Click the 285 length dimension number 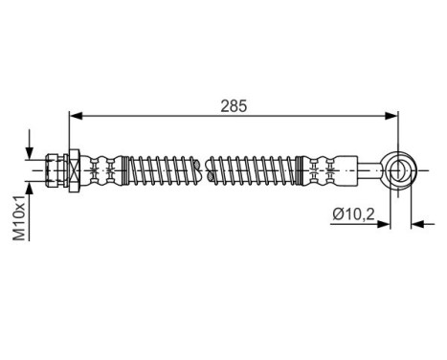[233, 106]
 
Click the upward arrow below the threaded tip [33, 187]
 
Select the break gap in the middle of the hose [206, 169]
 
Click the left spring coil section [165, 169]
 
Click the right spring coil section [252, 169]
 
